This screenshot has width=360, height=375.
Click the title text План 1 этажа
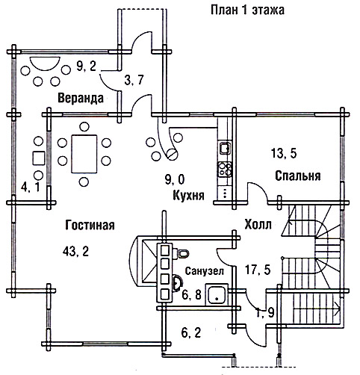(x=247, y=10)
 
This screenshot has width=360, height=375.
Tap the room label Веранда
(x=81, y=98)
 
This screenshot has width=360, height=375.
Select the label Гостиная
(x=90, y=225)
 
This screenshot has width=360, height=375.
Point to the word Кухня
(x=188, y=195)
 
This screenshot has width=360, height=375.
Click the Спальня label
(x=298, y=176)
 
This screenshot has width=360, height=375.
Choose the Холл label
(x=258, y=224)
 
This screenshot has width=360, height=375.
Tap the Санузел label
(x=205, y=271)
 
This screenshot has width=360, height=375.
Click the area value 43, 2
(x=75, y=251)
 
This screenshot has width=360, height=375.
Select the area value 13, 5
(x=284, y=153)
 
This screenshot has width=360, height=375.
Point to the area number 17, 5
(x=258, y=270)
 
